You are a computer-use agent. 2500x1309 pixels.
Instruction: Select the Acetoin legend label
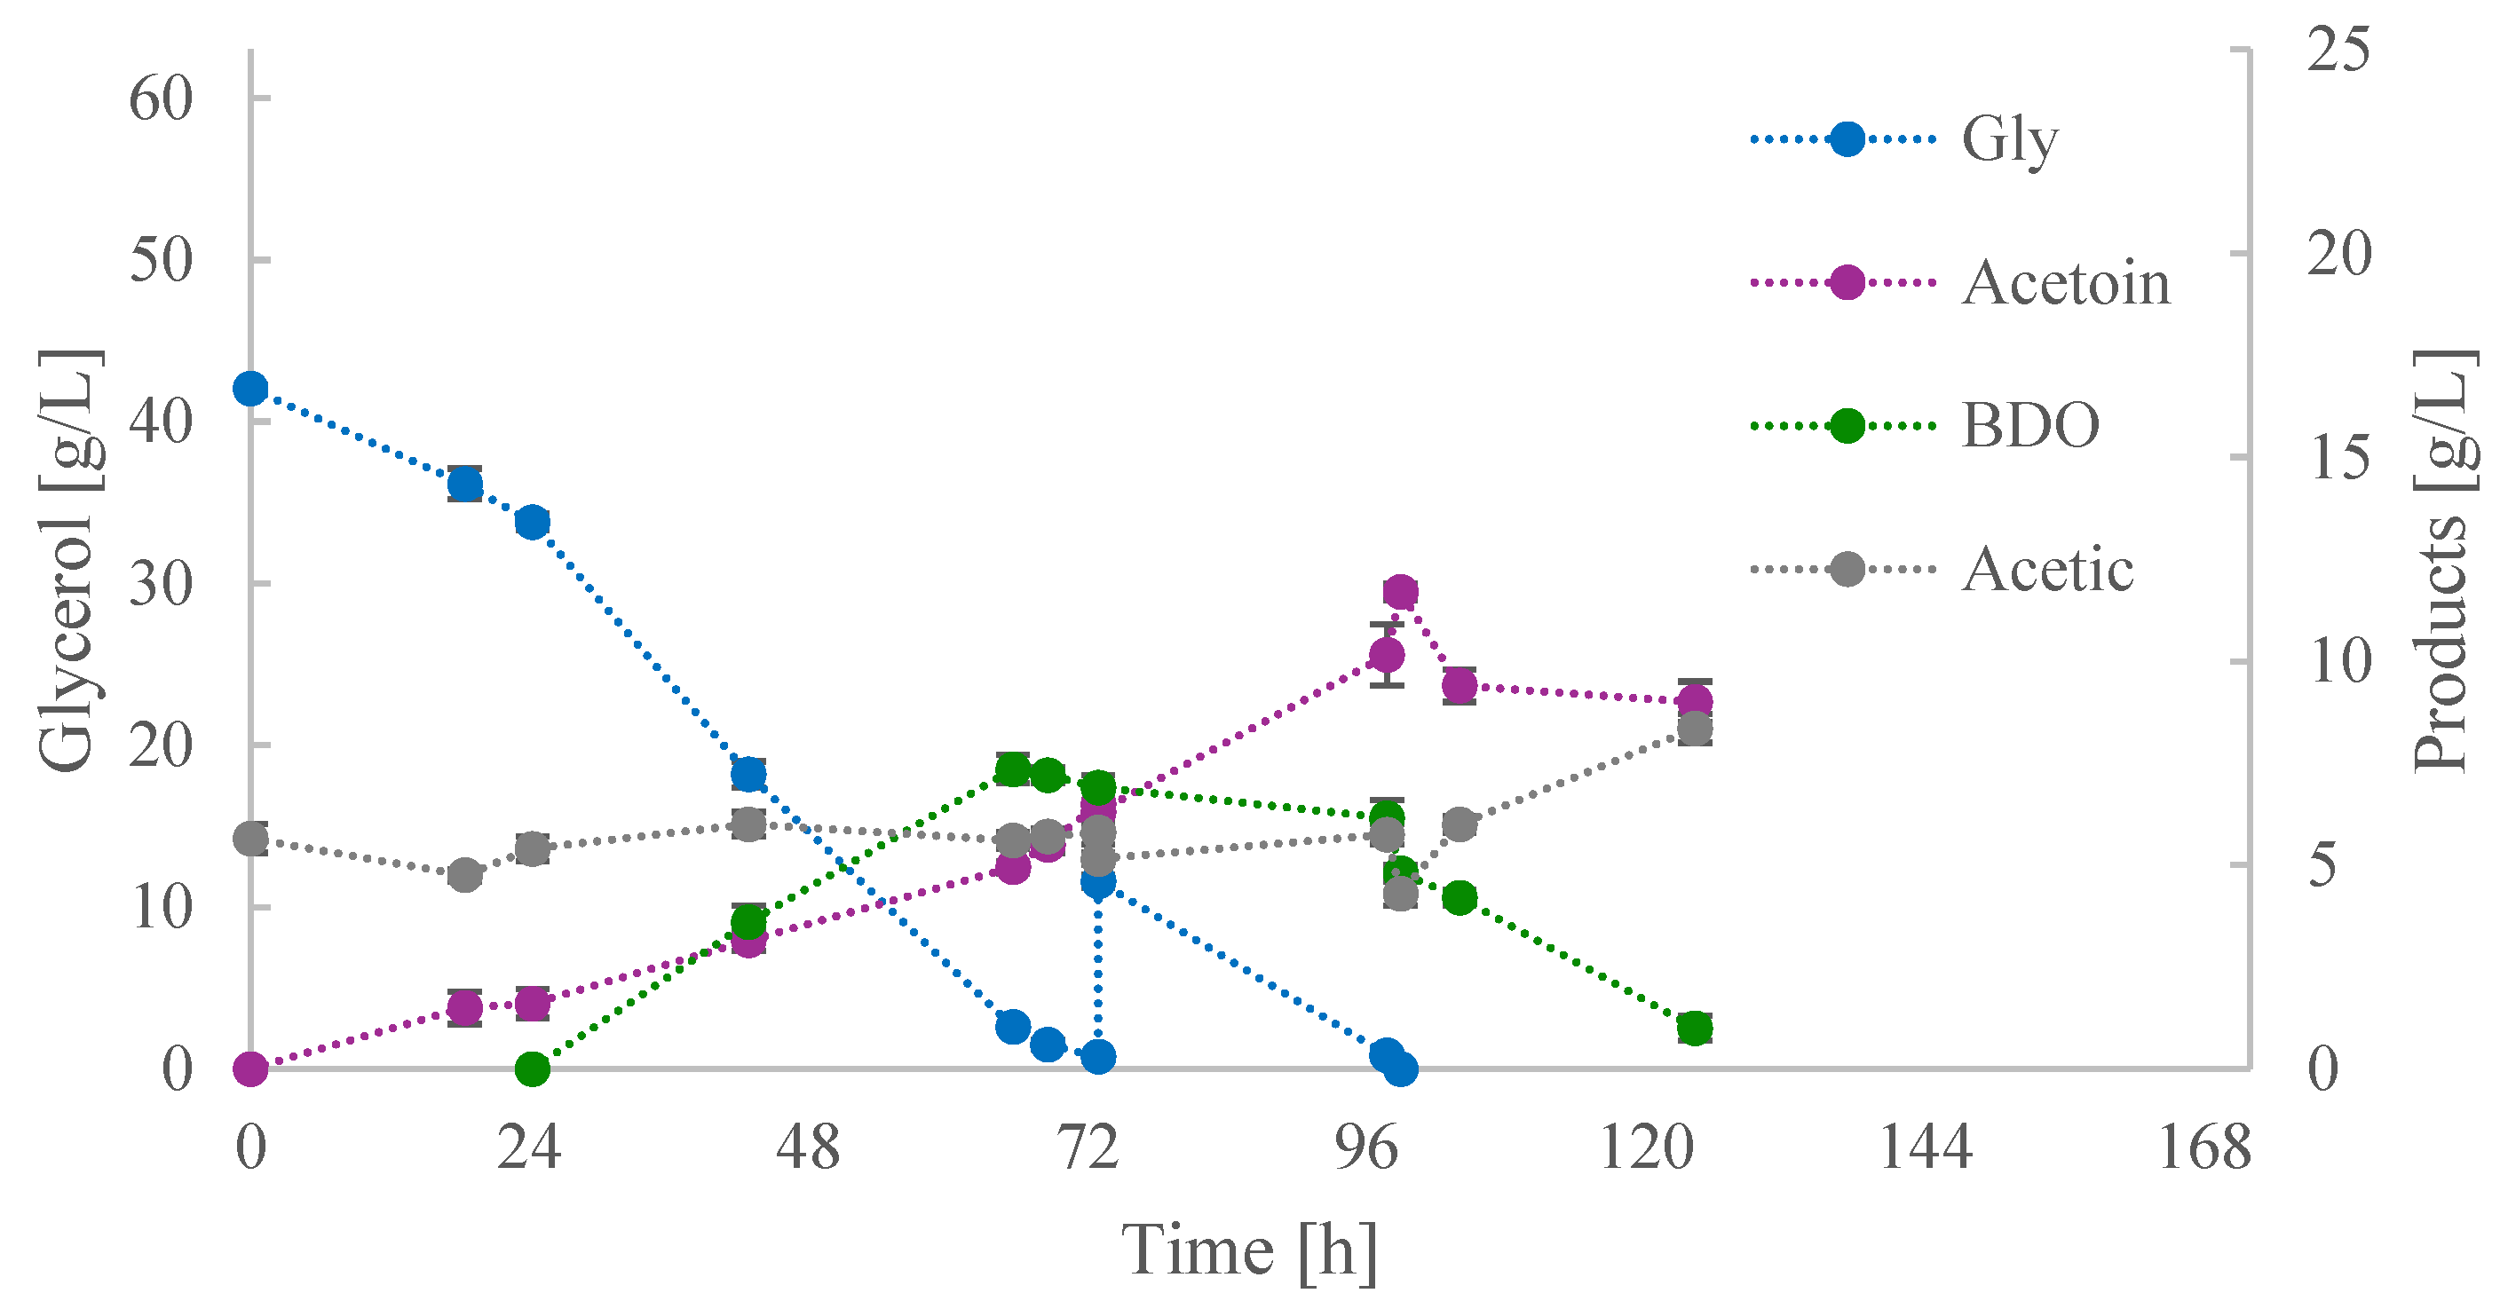tap(2065, 284)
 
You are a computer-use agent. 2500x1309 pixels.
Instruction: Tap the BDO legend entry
tap(2029, 426)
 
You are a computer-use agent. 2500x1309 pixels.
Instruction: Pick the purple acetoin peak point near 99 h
tap(1399, 592)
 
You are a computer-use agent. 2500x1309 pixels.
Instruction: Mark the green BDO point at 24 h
tap(532, 1069)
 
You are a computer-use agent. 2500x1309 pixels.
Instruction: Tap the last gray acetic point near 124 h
tap(1695, 729)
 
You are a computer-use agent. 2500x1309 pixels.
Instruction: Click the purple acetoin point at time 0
tap(250, 1069)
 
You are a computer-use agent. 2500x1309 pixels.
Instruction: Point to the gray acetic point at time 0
tap(250, 840)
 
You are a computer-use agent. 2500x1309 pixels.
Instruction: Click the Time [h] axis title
tap(1249, 1251)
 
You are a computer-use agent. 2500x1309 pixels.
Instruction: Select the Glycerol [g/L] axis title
tap(68, 560)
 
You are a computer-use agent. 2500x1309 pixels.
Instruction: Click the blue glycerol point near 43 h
tap(748, 775)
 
